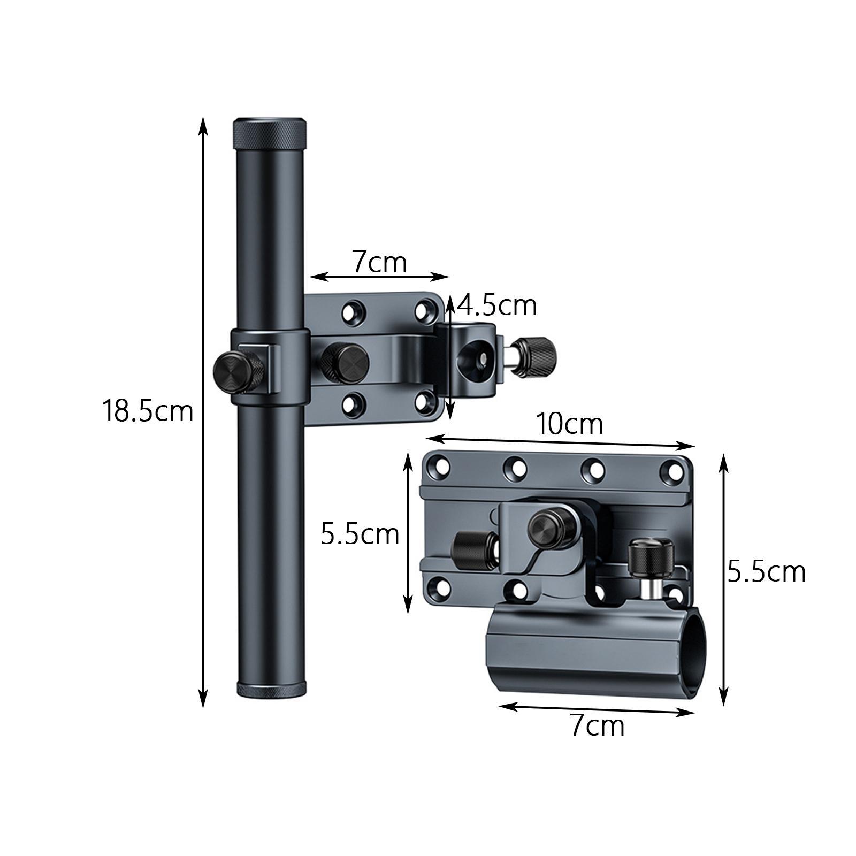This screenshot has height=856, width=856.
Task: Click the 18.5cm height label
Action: (x=147, y=412)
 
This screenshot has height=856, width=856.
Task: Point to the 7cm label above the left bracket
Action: (x=379, y=263)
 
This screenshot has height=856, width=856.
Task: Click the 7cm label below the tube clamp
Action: (x=597, y=726)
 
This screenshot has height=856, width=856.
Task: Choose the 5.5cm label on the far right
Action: (x=767, y=572)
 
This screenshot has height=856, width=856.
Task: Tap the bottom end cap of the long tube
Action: (x=272, y=690)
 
